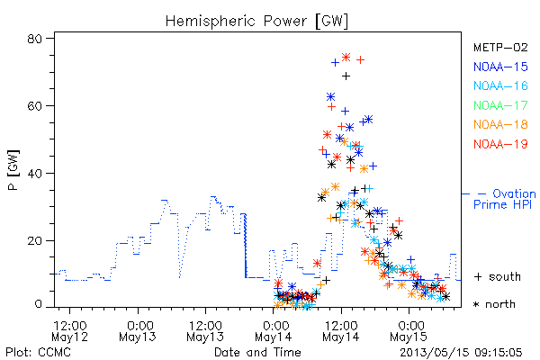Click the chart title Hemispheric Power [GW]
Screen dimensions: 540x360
256,22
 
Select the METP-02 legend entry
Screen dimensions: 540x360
500,47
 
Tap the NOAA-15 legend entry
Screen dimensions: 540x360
500,67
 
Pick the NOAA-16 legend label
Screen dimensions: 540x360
500,85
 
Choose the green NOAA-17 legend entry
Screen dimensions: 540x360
500,105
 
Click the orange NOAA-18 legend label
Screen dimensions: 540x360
500,124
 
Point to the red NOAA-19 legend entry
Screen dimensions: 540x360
500,144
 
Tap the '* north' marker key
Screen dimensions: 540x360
494,304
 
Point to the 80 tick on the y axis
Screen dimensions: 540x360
35,38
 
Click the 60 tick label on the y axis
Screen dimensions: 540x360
35,105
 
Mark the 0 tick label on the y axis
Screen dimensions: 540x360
38,304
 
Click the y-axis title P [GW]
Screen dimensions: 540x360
13,170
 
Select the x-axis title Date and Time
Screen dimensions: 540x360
257,352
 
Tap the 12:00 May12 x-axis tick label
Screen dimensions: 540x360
70,331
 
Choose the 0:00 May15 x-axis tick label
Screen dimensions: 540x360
409,331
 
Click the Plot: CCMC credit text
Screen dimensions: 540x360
39,352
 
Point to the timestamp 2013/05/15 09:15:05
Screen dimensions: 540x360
461,353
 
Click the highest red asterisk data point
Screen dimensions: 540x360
346,57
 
